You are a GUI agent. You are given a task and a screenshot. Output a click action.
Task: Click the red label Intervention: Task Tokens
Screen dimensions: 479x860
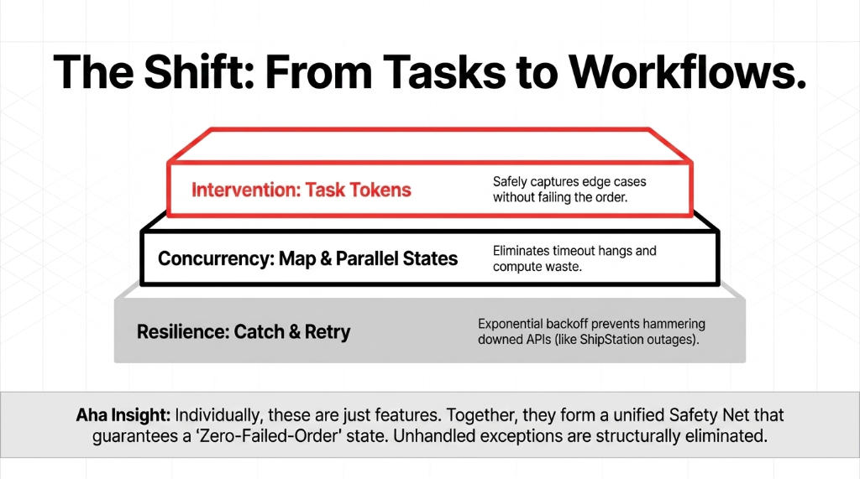point(302,189)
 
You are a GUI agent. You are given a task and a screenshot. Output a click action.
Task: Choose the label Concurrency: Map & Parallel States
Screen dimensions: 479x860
point(308,258)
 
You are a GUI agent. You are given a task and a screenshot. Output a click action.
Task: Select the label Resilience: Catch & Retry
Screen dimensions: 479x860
point(244,331)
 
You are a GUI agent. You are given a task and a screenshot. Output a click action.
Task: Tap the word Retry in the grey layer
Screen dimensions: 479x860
point(326,331)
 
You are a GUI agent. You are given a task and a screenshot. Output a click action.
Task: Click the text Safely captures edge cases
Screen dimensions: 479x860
point(569,181)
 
